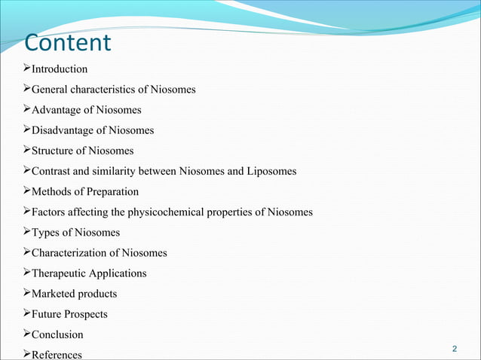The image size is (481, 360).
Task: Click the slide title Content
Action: pos(68,42)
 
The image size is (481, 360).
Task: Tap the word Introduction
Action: pos(59,69)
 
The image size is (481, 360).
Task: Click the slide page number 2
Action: pos(455,349)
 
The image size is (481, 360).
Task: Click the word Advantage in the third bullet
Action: pos(57,110)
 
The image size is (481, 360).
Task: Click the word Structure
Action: pos(53,151)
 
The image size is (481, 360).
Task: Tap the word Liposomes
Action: pos(272,171)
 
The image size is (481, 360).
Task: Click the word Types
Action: pos(44,232)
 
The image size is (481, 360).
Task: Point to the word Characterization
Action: pos(69,252)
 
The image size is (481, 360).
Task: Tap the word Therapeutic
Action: pos(59,273)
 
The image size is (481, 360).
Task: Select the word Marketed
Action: pos(53,293)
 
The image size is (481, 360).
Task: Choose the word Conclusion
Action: pos(57,334)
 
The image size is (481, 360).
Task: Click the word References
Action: pos(57,354)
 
